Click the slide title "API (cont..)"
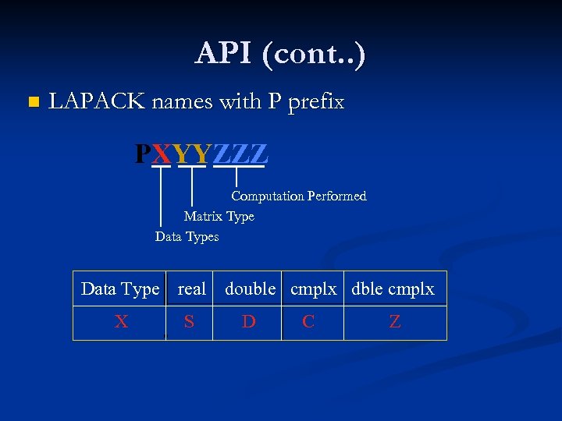[280, 53]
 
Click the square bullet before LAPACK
[32, 102]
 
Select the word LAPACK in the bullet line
[96, 102]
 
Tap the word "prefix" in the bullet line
[315, 103]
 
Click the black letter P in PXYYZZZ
[143, 154]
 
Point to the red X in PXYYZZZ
[162, 154]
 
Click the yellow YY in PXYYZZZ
[192, 154]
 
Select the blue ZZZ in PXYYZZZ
[240, 154]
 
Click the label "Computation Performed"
[298, 196]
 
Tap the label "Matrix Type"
[219, 216]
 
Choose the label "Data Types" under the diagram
[187, 236]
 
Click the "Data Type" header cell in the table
[119, 289]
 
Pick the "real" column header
[191, 289]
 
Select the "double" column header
[250, 289]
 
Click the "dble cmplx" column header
[393, 289]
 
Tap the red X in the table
[121, 322]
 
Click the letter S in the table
[189, 322]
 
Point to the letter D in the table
[248, 322]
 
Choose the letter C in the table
[308, 322]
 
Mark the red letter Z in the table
[395, 322]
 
